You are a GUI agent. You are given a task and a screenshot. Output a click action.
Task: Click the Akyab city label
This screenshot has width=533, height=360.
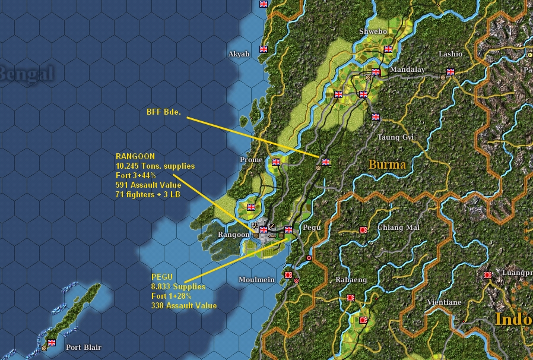pos(239,54)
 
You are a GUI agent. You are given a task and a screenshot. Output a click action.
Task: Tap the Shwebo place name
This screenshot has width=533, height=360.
pos(373,31)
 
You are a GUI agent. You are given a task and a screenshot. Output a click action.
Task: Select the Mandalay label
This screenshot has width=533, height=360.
pos(407,70)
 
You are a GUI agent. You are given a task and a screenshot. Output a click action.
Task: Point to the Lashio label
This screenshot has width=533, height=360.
pos(450,54)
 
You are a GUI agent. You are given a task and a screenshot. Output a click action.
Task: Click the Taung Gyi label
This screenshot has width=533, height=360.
pos(395,137)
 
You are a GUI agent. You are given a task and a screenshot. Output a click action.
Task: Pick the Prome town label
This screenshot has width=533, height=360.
pos(250,160)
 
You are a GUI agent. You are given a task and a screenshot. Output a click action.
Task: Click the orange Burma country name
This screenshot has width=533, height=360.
pos(387,165)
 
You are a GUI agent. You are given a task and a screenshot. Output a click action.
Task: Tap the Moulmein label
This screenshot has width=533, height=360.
pos(256,280)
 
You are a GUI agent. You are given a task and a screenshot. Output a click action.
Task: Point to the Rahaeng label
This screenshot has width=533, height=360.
pos(351,280)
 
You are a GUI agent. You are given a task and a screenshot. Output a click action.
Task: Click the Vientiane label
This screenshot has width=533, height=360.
pos(444,302)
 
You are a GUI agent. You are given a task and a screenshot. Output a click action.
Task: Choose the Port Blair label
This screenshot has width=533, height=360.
pos(83,348)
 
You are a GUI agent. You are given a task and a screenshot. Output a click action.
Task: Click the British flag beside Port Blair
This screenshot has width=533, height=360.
pos(52,342)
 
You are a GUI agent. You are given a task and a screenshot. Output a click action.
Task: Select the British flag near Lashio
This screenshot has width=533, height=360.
pos(450,71)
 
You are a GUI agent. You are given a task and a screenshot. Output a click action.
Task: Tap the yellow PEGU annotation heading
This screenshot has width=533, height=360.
pos(161,277)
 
